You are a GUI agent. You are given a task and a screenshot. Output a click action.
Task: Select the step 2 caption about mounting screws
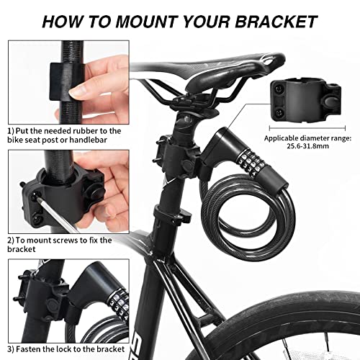coord(50,245)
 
